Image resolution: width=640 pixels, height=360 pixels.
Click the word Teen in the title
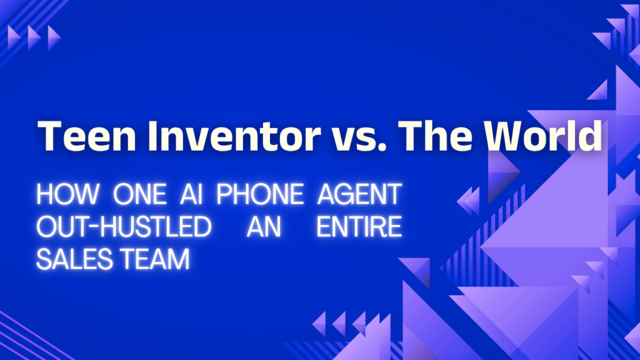click(x=86, y=136)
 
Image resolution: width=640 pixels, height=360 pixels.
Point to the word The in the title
click(x=435, y=136)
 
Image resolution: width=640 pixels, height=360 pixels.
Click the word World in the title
click(x=543, y=136)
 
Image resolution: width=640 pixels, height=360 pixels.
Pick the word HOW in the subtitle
click(x=67, y=194)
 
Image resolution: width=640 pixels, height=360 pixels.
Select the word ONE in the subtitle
click(x=139, y=194)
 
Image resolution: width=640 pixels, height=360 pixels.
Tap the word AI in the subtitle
click(x=191, y=194)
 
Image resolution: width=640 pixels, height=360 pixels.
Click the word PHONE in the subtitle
click(x=259, y=194)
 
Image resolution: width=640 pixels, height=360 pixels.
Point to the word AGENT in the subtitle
click(x=359, y=194)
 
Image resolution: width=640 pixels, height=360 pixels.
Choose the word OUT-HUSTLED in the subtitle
click(x=124, y=226)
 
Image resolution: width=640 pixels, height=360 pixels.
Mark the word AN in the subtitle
click(x=264, y=226)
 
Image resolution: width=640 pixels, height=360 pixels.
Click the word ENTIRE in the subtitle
click(x=359, y=226)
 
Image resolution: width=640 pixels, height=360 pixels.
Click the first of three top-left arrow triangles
click(x=14, y=38)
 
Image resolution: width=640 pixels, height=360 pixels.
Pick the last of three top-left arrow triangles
click(x=54, y=38)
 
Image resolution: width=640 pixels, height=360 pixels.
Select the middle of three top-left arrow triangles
click(x=34, y=38)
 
